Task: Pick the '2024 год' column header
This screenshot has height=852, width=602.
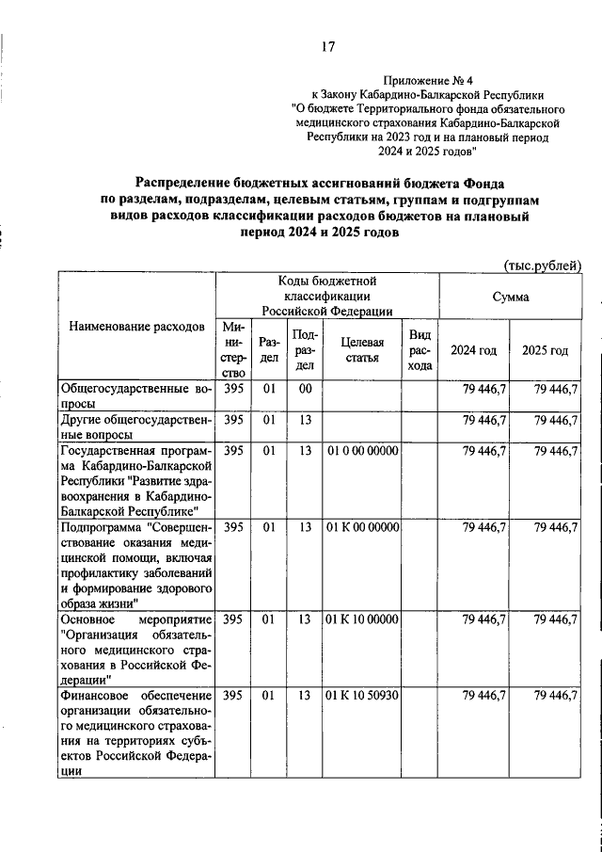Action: coord(474,350)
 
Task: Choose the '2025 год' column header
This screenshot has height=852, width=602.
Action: coord(546,350)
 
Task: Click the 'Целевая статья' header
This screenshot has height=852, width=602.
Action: coord(362,350)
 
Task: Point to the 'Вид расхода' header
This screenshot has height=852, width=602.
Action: coord(420,350)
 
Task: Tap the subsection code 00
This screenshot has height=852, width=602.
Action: coord(304,389)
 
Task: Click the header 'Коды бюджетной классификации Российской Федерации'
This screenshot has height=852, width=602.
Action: coord(326,296)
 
